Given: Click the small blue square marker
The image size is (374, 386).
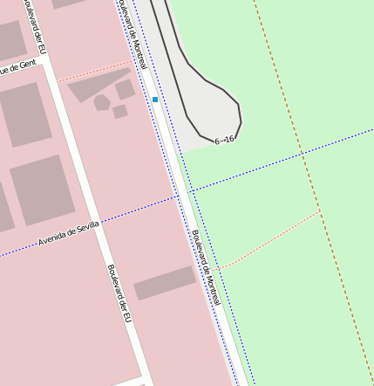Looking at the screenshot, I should (x=155, y=100).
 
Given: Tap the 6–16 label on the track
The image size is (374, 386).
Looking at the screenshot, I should (x=224, y=140).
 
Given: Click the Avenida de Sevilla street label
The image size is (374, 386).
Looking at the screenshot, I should (x=69, y=233).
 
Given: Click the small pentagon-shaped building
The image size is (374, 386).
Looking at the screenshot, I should (x=102, y=103).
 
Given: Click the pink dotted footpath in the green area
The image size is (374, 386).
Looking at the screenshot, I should (x=270, y=238).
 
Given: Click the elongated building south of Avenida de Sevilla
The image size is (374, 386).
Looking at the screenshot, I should (x=164, y=283).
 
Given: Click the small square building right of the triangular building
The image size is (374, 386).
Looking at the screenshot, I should (x=126, y=89).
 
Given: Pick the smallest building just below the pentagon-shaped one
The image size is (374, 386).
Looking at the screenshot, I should (x=119, y=112).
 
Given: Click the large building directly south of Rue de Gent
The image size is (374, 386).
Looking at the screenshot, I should (x=25, y=114).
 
